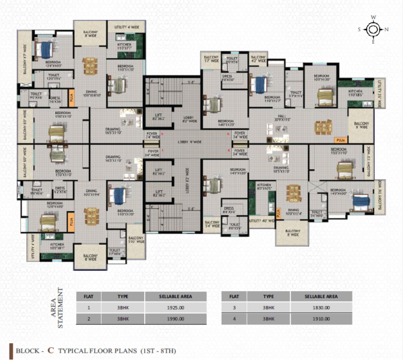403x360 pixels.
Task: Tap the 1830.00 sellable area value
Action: click(x=320, y=308)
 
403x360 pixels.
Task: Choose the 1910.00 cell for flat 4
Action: click(x=320, y=319)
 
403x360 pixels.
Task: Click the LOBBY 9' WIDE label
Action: click(x=189, y=142)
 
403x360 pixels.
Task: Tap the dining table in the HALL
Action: click(x=318, y=126)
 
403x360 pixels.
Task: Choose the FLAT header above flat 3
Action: click(x=234, y=296)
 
